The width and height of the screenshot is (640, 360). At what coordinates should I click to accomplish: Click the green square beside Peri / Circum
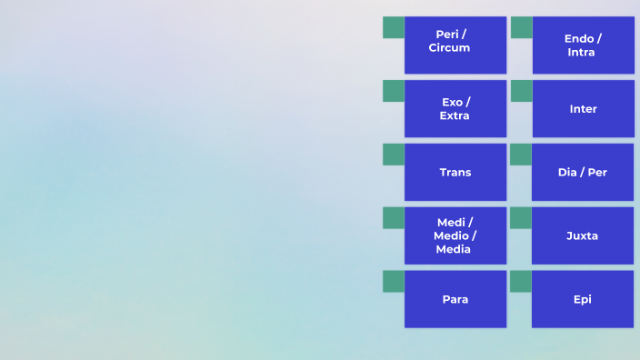pos(393,27)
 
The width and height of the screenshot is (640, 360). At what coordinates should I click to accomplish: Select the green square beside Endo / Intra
pos(521,27)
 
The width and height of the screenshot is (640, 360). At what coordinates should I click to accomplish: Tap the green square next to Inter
pos(521,91)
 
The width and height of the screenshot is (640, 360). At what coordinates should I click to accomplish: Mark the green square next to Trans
pos(393,155)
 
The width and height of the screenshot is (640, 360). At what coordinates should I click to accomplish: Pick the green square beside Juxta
pos(520,218)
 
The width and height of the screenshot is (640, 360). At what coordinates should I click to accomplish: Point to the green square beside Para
pos(393,282)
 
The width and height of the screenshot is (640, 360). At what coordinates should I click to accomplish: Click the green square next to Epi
pos(520,282)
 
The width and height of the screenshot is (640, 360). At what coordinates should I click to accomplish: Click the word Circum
pos(450,48)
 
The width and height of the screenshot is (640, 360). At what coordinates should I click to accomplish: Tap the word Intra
pos(581,53)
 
